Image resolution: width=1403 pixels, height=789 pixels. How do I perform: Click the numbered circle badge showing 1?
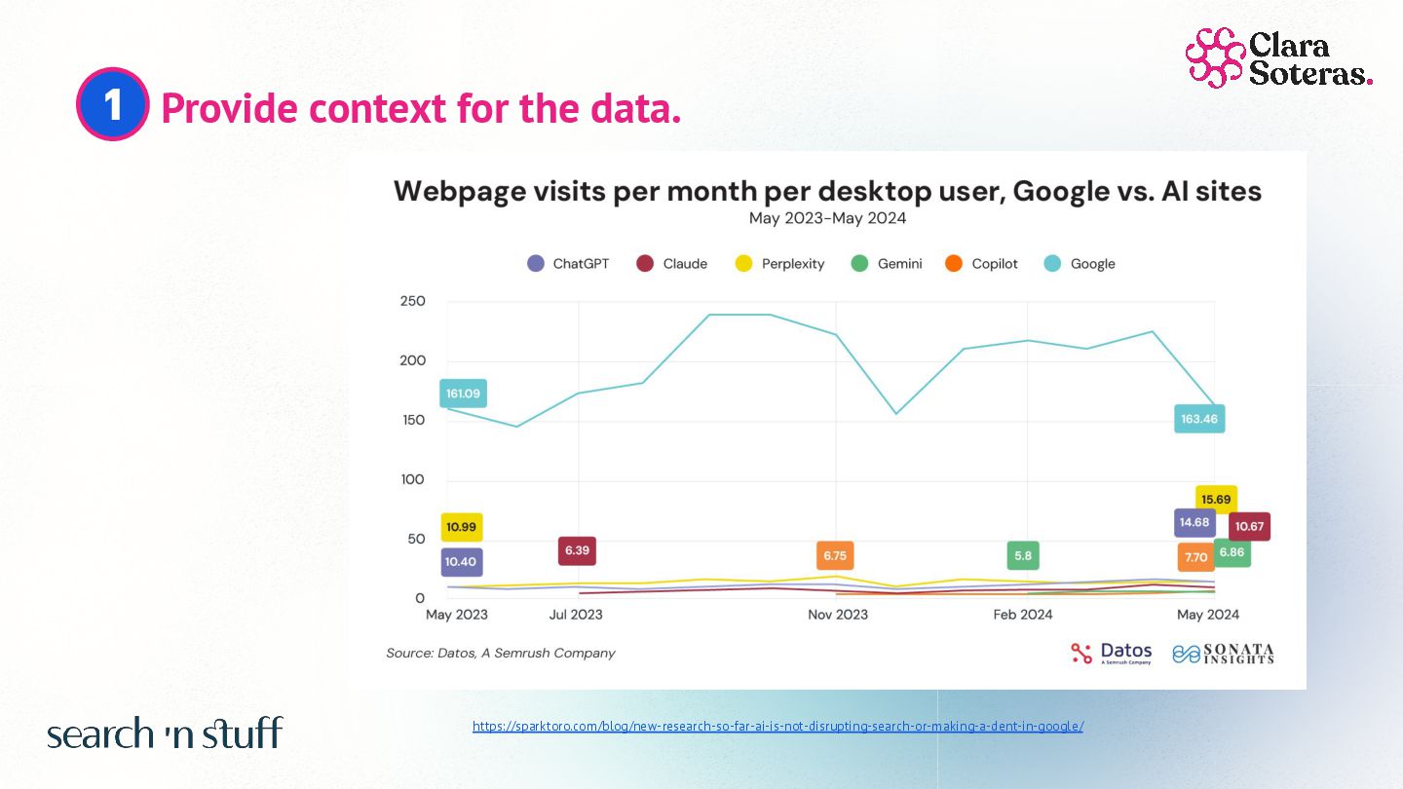[112, 104]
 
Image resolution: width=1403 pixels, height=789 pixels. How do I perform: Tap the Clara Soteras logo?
[1278, 57]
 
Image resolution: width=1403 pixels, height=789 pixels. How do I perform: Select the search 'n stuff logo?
[165, 733]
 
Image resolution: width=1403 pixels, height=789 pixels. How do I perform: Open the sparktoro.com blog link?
[777, 727]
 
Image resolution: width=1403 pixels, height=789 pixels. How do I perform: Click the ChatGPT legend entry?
[568, 264]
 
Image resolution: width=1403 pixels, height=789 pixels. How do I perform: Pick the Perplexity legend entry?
[778, 264]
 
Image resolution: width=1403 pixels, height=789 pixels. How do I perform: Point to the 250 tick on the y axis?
[413, 301]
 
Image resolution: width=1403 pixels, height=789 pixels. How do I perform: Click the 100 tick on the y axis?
[413, 479]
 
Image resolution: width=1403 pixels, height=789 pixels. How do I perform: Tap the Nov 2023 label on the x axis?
[838, 615]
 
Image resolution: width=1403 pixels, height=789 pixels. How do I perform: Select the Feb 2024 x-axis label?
[1023, 615]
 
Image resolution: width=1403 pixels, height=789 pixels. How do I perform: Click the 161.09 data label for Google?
[463, 394]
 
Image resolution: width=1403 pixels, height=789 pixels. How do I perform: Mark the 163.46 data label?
[1199, 419]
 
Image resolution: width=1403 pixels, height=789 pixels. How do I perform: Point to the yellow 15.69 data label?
[1216, 499]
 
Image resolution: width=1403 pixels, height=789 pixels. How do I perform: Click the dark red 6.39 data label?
[577, 550]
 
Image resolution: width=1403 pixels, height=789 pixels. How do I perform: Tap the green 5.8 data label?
[1023, 555]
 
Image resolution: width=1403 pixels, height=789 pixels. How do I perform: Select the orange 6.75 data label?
[835, 555]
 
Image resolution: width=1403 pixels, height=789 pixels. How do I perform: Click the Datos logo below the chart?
[1111, 653]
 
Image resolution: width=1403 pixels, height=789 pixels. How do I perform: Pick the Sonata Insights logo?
[1223, 653]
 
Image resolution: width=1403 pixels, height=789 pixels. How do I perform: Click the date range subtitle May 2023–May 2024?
[827, 218]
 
